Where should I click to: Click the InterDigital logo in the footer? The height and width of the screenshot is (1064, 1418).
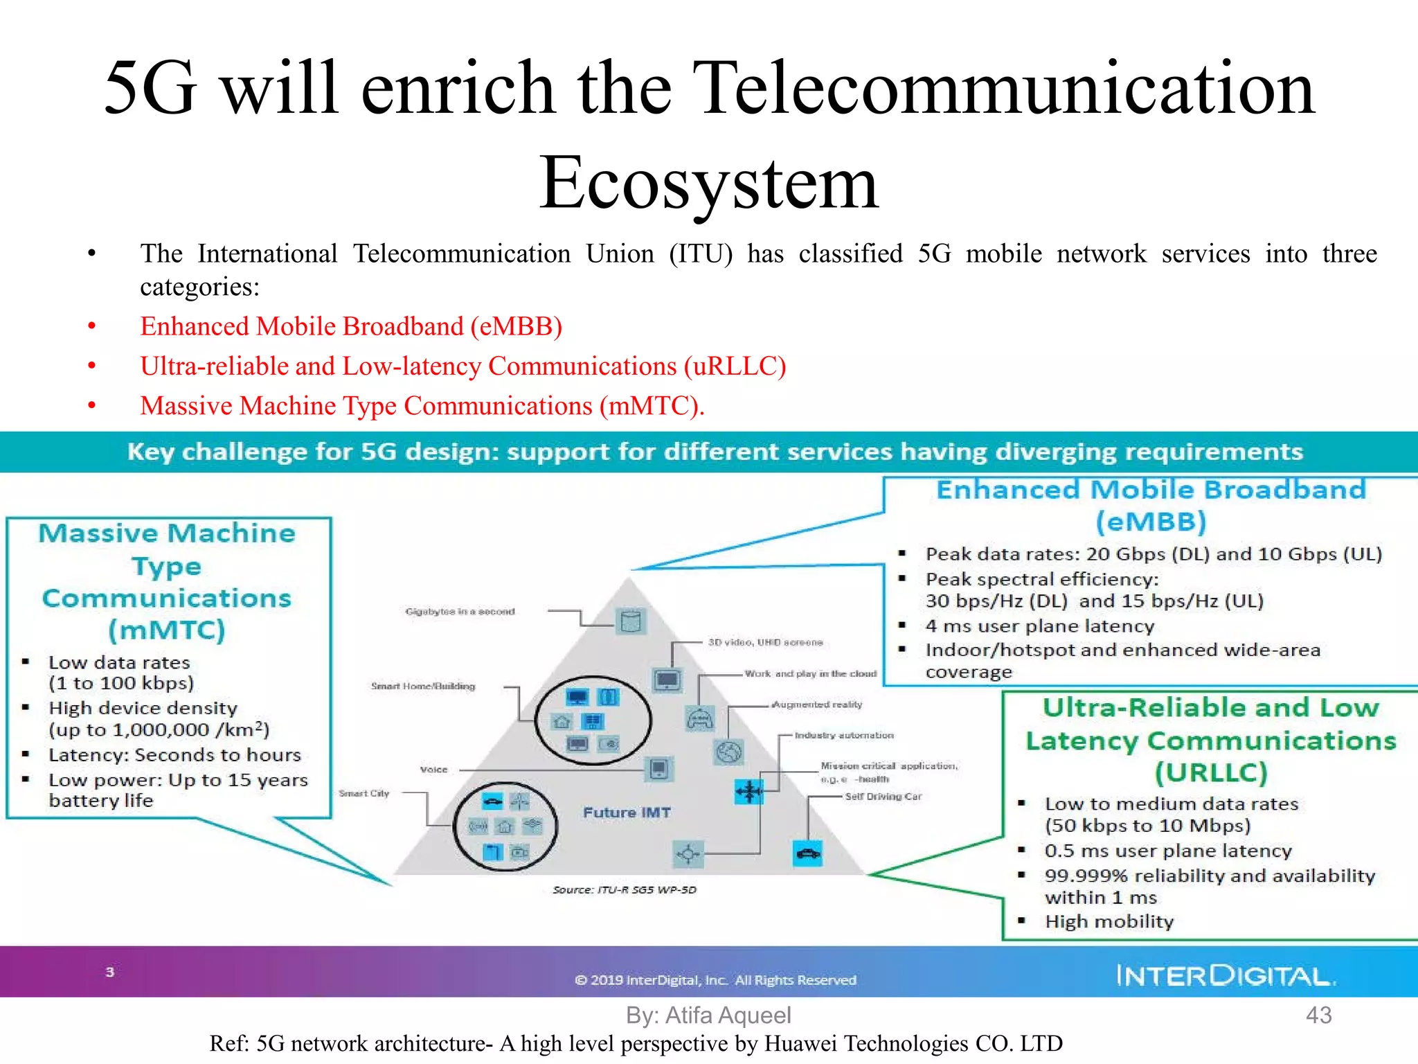pos(1225,975)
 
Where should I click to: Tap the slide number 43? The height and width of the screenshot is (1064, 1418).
pos(1318,1015)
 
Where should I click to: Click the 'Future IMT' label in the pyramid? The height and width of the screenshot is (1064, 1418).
pos(627,812)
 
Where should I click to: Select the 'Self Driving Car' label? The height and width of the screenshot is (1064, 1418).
pos(883,797)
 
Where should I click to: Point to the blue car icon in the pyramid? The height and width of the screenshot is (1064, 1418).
pos(807,853)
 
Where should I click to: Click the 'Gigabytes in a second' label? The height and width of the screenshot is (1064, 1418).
pos(460,612)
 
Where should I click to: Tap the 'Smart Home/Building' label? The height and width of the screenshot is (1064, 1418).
pos(423,686)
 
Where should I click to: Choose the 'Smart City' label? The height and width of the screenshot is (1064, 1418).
pos(364,793)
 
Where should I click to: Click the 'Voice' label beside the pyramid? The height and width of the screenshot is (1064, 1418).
pos(434,770)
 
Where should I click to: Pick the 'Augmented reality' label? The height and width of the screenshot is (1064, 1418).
pos(817,704)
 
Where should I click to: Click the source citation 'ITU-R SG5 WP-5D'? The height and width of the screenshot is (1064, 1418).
pos(625,889)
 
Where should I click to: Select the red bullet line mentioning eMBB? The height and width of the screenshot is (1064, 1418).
pos(351,326)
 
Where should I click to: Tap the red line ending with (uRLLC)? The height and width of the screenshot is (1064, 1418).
pos(463,366)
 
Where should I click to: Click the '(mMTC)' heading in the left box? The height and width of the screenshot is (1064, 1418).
pos(167,630)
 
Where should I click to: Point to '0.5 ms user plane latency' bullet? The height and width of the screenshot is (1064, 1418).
pos(1168,851)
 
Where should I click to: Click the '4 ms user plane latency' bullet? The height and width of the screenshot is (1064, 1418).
pos(1040,626)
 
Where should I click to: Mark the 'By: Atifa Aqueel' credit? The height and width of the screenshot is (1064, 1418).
pos(708,1015)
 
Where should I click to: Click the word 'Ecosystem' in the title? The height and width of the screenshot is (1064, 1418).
pos(709,182)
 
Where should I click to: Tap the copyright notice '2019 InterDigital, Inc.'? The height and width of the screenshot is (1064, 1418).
pos(716,979)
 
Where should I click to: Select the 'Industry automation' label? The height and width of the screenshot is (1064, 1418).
pos(844,735)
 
